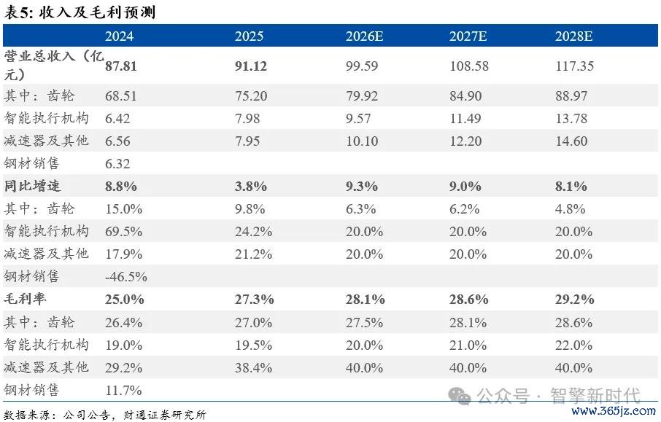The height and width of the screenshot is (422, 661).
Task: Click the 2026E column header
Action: coord(364,36)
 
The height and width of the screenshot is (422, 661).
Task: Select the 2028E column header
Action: coord(573,36)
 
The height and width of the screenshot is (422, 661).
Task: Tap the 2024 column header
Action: coord(120,36)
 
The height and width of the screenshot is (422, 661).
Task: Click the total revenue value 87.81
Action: coord(121,66)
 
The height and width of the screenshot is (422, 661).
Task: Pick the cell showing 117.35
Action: coord(575,66)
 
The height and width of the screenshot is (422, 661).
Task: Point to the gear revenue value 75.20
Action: coord(251,96)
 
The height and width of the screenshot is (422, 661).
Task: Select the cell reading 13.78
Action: coord(571,118)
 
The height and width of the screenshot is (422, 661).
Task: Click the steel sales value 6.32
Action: coord(117,163)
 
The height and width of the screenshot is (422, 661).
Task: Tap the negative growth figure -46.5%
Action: coord(126,277)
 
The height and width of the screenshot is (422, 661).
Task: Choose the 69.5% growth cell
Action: coord(123,232)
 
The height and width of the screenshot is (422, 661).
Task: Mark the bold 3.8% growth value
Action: coord(251,186)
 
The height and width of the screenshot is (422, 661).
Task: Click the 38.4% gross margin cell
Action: coord(253,367)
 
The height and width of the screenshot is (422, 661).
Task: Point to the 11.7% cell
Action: coord(123,391)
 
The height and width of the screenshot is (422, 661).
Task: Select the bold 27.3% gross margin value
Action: coord(254,300)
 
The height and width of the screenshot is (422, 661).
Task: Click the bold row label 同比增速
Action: coord(32,186)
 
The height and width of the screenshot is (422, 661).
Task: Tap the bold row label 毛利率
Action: coord(25,299)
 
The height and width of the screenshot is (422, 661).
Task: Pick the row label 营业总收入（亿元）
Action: coord(53,66)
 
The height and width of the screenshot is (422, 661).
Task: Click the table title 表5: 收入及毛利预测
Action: coord(80,12)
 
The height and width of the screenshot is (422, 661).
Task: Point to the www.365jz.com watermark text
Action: coord(614,410)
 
